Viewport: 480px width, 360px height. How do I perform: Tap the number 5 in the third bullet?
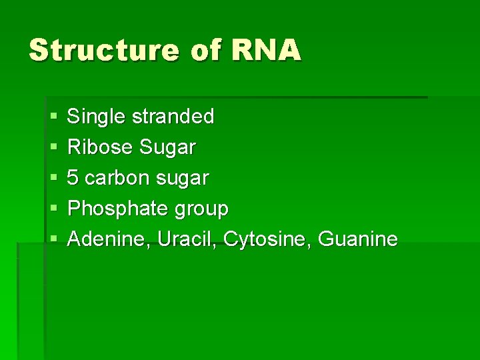(x=74, y=179)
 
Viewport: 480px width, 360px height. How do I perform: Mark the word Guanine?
(x=358, y=239)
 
